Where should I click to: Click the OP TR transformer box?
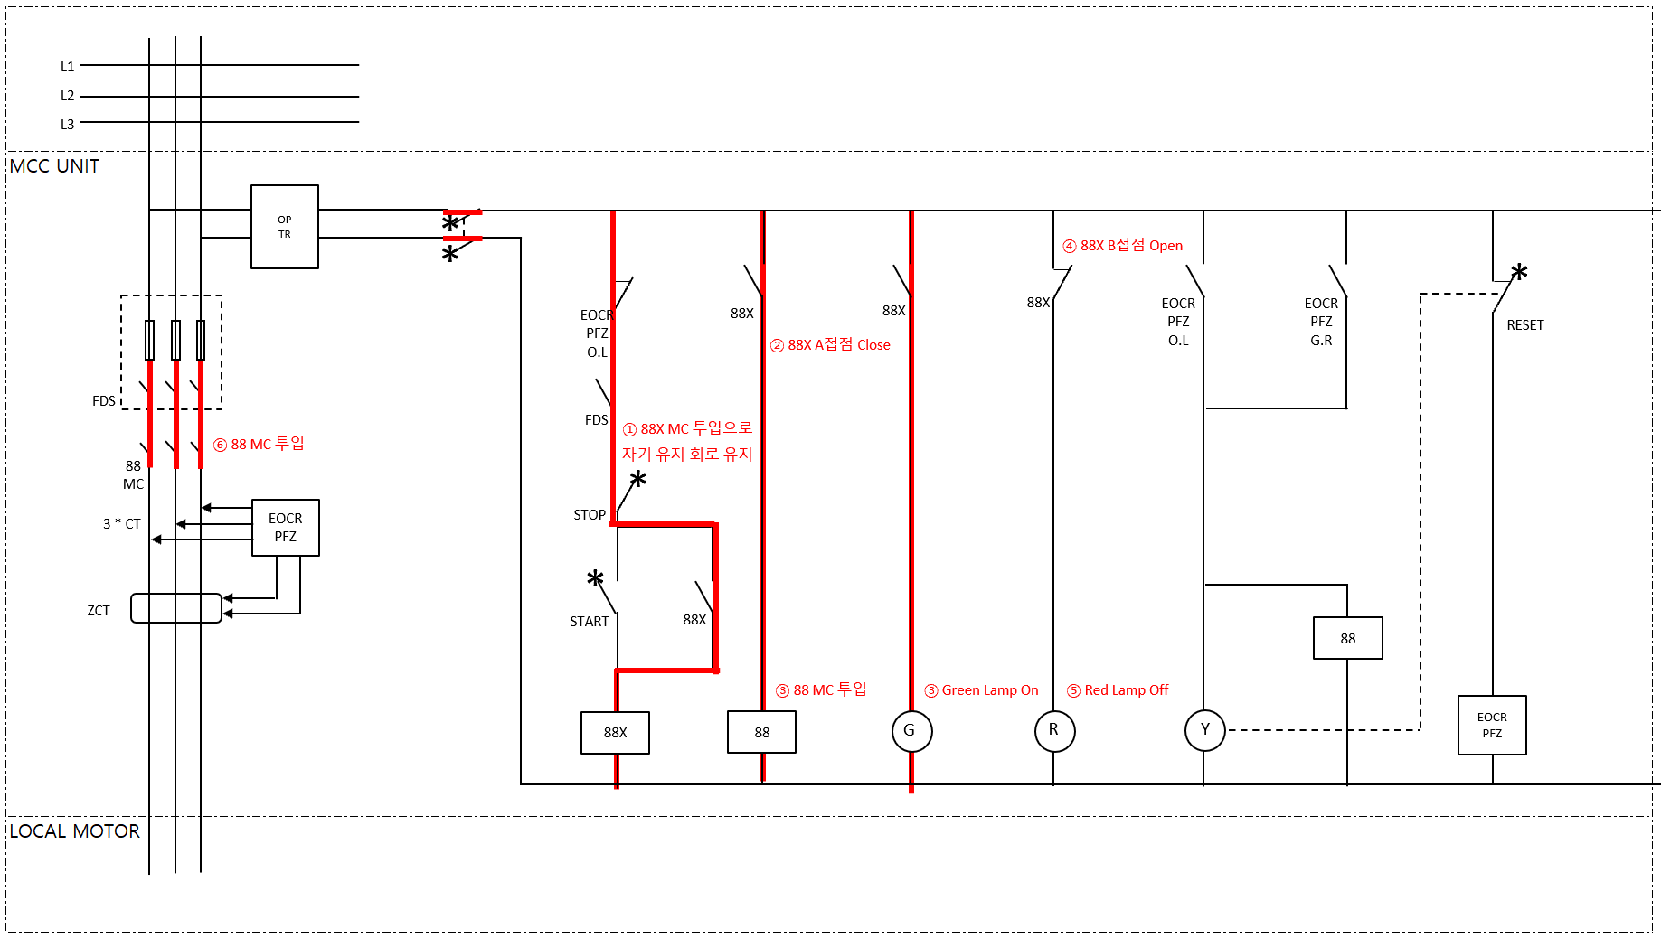tap(284, 227)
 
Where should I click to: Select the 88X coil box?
tap(615, 732)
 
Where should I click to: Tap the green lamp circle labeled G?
tap(911, 730)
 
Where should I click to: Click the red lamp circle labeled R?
tap(1054, 730)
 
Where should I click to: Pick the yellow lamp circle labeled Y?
tap(1204, 730)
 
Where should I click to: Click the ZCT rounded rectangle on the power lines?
tap(176, 608)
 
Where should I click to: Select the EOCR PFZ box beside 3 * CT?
tap(285, 528)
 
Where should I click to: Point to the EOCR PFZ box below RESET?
tap(1492, 725)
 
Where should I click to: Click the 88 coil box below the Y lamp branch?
tap(1347, 638)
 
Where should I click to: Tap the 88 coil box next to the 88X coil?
tap(761, 732)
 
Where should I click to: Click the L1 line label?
tap(68, 67)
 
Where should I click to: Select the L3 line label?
tap(68, 125)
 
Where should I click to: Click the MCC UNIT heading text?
tap(54, 166)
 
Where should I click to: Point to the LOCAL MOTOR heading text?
tap(75, 831)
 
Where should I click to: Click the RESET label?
tap(1524, 325)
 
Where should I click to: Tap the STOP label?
tap(590, 515)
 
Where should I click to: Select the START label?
tap(590, 622)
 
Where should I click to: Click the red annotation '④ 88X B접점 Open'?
tap(1122, 246)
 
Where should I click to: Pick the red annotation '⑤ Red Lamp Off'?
tap(1118, 690)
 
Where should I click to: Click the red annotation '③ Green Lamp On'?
tap(981, 690)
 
